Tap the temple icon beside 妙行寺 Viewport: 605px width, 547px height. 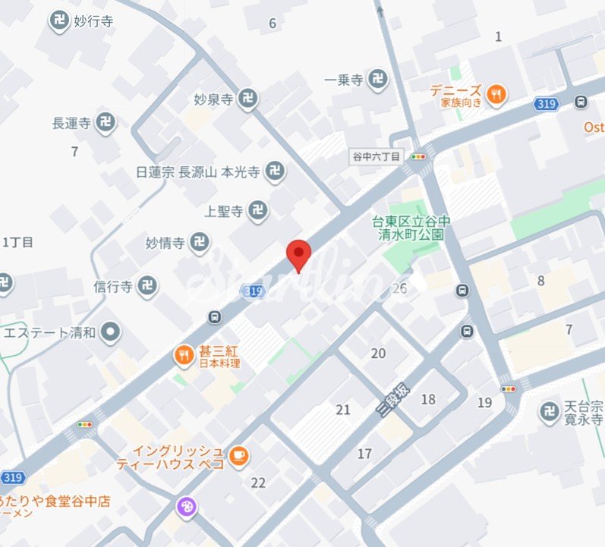[x=59, y=21]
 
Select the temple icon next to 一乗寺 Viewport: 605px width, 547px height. [x=377, y=78]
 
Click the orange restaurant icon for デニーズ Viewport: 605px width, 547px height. [x=496, y=94]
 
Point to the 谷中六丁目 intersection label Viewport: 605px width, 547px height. [x=376, y=156]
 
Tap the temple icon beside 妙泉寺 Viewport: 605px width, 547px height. [x=247, y=98]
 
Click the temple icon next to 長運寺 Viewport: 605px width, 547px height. [x=107, y=121]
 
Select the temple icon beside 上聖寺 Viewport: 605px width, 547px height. [x=259, y=211]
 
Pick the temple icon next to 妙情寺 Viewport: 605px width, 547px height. [x=200, y=243]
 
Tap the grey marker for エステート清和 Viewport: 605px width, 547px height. [x=112, y=332]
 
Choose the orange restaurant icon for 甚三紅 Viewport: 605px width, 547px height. [x=184, y=354]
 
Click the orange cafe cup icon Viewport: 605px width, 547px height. [x=239, y=455]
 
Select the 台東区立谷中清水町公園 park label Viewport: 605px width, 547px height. [x=411, y=228]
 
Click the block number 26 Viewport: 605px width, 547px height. [x=399, y=288]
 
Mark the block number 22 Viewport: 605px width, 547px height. [x=258, y=483]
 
